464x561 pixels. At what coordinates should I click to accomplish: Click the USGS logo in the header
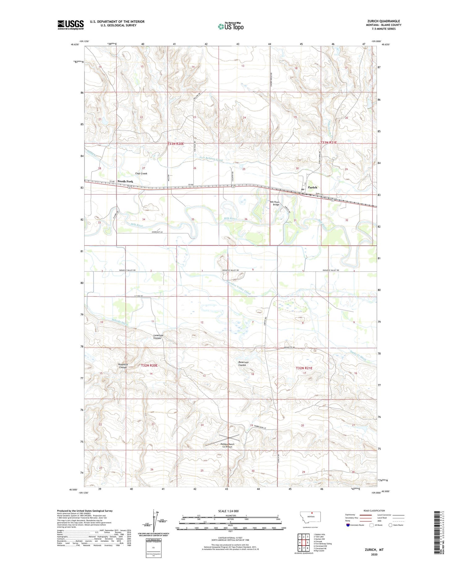pos(71,25)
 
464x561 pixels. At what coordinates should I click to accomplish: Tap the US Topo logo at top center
pos(230,27)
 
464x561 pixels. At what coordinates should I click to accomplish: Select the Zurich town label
pos(312,187)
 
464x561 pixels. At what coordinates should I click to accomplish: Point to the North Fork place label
pos(125,181)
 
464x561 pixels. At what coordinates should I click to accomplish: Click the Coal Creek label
pos(141,174)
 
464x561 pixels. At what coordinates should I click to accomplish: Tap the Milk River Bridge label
pos(275,203)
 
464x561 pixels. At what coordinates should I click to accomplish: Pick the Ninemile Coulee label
pos(123,366)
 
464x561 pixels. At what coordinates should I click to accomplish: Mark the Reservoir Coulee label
pos(244,364)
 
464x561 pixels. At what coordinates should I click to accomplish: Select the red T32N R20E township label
pos(149,365)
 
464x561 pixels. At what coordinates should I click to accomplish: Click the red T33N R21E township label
pos(328,143)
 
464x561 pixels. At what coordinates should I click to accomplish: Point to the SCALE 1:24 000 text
pos(228,511)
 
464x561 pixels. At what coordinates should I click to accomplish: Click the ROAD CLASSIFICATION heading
pos(374,511)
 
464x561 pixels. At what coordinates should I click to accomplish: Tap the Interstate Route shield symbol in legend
pos(348,525)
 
